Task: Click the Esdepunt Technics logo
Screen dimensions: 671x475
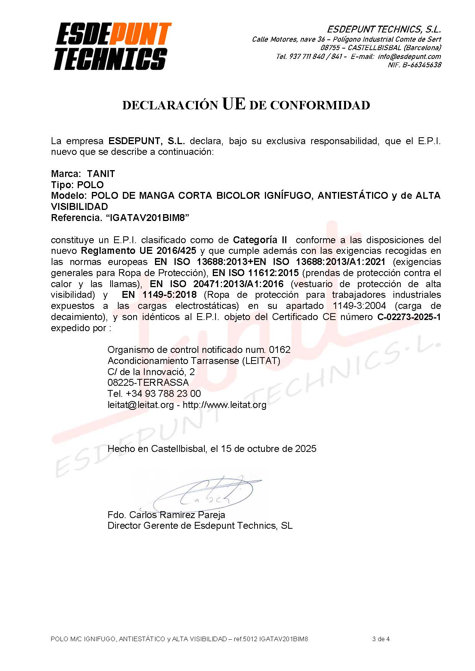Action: point(112,46)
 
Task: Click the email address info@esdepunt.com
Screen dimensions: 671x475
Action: point(409,57)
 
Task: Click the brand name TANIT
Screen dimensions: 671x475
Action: point(101,174)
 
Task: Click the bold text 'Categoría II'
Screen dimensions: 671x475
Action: point(260,240)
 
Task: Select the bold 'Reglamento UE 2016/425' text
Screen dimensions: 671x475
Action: point(139,251)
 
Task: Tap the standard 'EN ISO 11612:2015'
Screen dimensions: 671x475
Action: point(255,273)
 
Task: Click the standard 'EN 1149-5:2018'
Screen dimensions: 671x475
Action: point(159,295)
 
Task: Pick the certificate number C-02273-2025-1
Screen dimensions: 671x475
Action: point(409,317)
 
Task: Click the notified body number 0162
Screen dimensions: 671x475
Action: point(279,350)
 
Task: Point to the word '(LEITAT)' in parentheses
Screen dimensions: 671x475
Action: point(261,361)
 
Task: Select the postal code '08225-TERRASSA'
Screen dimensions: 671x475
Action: point(148,383)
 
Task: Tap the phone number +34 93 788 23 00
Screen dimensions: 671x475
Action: point(163,394)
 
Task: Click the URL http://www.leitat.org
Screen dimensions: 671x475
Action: point(224,405)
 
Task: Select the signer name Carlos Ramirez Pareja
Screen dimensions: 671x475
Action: point(177,515)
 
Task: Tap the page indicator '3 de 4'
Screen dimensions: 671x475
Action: point(380,639)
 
